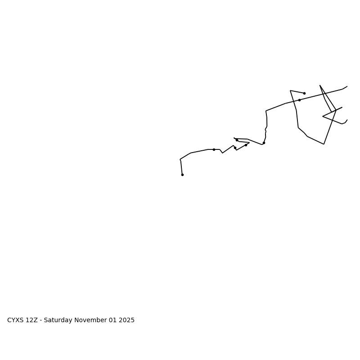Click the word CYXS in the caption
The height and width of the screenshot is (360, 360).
(16, 320)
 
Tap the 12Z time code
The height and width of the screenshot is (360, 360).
(32, 320)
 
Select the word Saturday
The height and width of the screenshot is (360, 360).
(58, 320)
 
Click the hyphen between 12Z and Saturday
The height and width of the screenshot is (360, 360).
(41, 321)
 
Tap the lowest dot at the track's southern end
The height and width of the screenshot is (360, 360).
(182, 175)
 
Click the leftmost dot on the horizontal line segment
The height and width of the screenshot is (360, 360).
(214, 149)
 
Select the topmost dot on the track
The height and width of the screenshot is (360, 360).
(304, 93)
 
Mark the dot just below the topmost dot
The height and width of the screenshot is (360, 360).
(299, 100)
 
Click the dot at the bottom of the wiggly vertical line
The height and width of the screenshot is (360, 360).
(264, 143)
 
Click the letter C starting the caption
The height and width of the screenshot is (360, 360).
(9, 320)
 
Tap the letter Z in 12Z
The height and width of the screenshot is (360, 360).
(36, 320)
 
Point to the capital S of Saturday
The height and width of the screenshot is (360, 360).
(46, 320)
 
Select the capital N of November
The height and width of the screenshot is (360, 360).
(77, 320)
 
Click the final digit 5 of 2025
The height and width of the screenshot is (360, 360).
(132, 320)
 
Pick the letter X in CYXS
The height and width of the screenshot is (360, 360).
(18, 320)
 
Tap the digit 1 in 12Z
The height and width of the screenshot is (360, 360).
(28, 320)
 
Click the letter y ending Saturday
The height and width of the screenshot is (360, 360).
(71, 321)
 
